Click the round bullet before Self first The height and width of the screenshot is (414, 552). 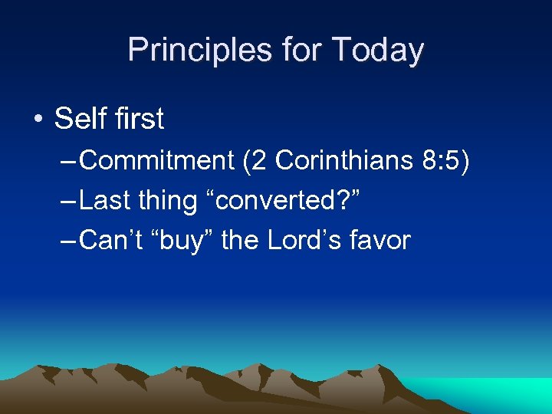(38, 120)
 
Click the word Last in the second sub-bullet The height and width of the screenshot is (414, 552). (104, 201)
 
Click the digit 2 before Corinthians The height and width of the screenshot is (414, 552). (260, 161)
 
